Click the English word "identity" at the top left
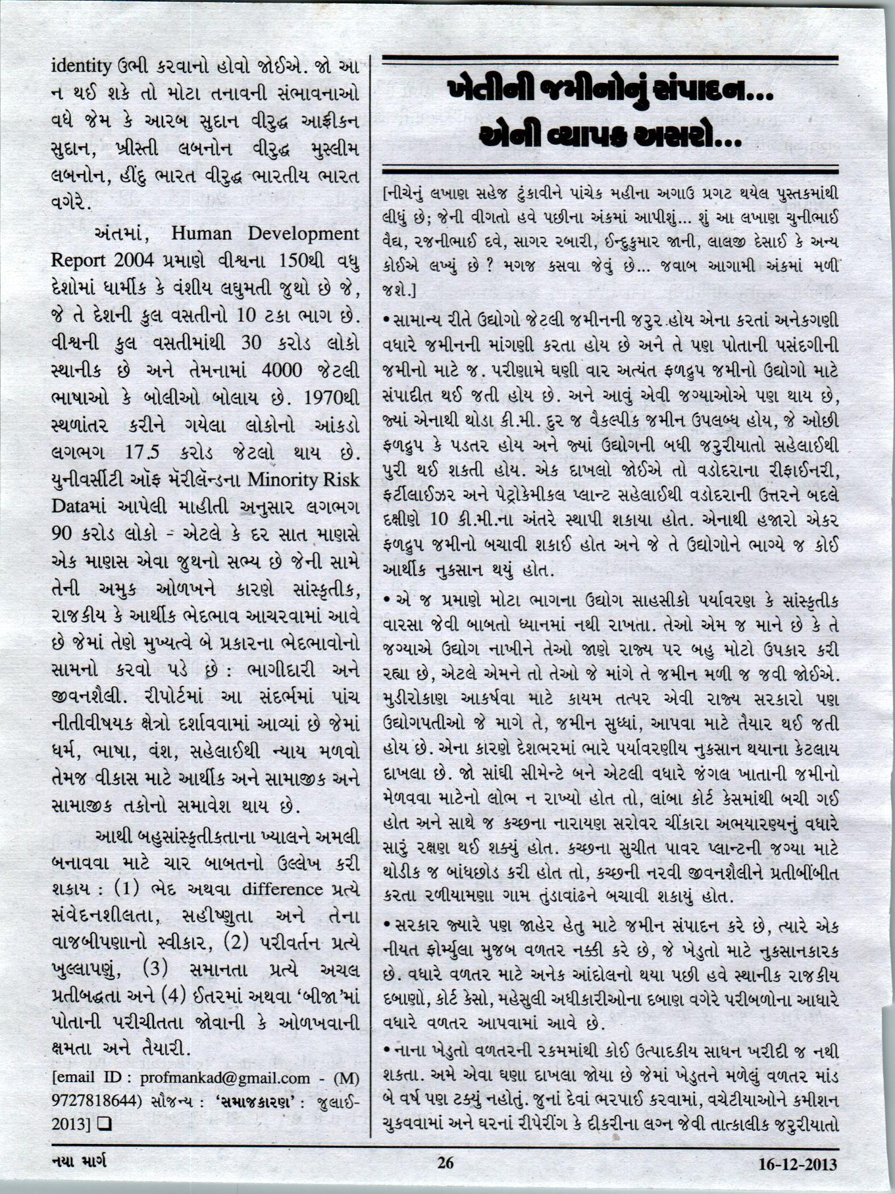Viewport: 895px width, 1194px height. point(81,66)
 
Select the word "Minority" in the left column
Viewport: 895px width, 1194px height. point(286,479)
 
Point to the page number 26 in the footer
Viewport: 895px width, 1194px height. point(446,1163)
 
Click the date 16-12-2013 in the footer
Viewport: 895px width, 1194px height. point(798,1164)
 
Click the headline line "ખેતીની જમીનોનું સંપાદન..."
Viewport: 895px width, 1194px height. point(609,91)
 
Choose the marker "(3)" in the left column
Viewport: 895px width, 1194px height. point(155,970)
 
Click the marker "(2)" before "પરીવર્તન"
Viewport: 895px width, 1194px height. point(236,943)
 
